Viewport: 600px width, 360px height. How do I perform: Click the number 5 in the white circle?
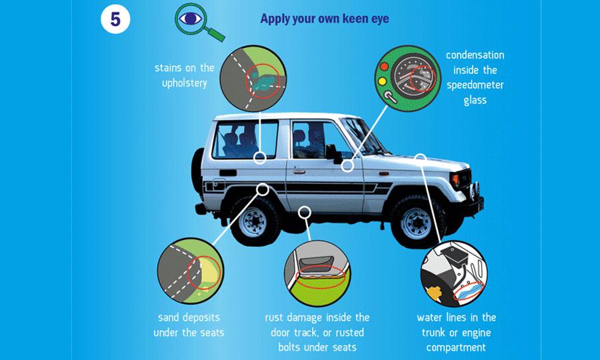coord(115,19)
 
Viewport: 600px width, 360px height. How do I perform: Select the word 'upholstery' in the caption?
coord(185,83)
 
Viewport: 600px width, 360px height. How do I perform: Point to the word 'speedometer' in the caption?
coord(475,85)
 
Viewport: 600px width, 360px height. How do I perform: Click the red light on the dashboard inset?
coord(384,66)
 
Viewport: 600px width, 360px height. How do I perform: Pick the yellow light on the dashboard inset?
coord(382,81)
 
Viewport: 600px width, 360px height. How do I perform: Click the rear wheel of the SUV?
coord(254,221)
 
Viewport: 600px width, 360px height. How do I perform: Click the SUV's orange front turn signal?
coord(455,180)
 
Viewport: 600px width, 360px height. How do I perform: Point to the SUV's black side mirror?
coord(333,154)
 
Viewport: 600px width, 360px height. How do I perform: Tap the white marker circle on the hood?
coord(421,157)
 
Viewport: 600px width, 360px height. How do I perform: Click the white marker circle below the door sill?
coord(304,211)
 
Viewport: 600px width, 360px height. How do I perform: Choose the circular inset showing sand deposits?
coord(191,271)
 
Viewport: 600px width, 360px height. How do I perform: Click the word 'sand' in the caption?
coord(167,317)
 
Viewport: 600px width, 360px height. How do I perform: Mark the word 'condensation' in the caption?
coord(475,55)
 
